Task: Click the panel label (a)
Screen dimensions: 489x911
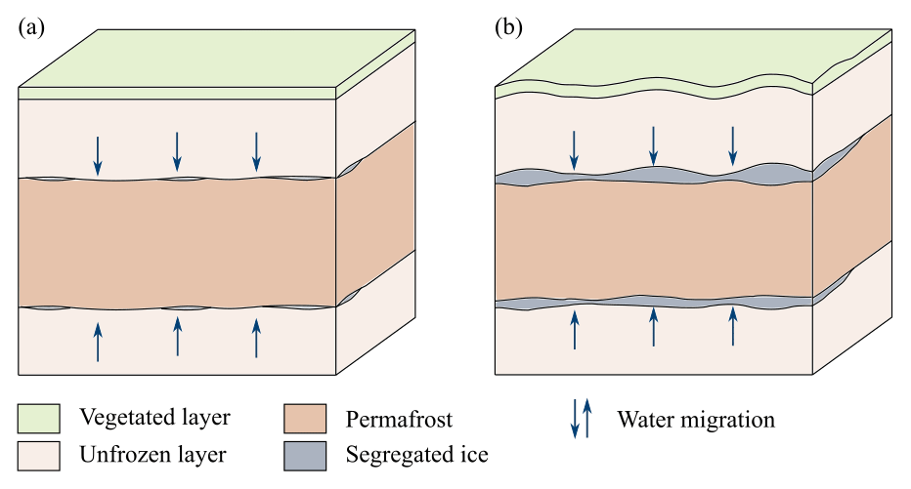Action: click(x=31, y=27)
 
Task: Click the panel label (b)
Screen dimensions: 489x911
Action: click(x=509, y=27)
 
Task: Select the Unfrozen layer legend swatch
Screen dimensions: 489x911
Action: click(x=39, y=454)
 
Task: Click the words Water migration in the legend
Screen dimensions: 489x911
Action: click(x=695, y=420)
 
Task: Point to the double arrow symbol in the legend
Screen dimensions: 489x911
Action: click(x=581, y=419)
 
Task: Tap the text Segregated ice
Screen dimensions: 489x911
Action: click(x=416, y=454)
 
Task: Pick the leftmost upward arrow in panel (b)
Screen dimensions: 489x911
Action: click(x=575, y=328)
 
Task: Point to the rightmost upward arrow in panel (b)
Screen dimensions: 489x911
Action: click(x=733, y=328)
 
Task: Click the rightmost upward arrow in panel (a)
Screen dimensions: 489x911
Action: click(x=257, y=338)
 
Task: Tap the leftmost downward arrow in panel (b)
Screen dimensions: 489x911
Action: click(x=575, y=147)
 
